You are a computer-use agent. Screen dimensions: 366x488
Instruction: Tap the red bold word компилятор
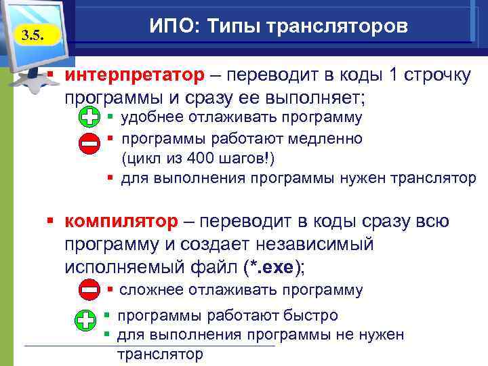123,222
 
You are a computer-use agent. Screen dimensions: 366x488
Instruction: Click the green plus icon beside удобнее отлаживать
89,117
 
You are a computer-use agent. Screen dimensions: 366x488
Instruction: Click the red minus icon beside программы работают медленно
89,143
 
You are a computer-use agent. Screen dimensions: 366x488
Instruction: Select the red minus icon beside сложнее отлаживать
89,290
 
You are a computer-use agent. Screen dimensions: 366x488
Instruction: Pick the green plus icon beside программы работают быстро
85,321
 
